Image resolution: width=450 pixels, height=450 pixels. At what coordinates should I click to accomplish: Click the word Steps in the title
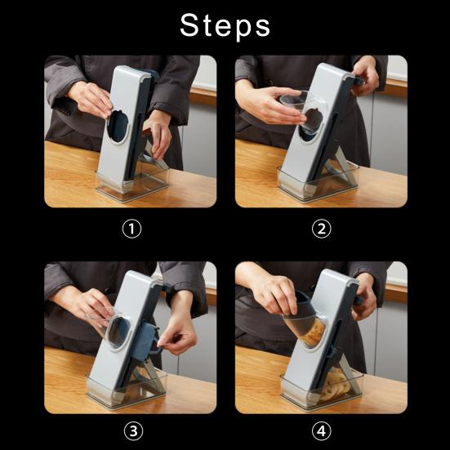(x=225, y=25)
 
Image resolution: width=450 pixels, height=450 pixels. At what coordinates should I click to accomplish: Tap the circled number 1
(x=131, y=229)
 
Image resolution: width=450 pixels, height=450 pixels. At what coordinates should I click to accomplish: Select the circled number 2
(x=322, y=229)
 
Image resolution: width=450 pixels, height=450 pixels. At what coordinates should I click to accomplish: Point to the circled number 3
(x=133, y=431)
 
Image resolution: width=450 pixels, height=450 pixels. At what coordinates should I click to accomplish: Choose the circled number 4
(x=322, y=431)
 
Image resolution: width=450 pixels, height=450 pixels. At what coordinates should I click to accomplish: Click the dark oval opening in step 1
(x=118, y=127)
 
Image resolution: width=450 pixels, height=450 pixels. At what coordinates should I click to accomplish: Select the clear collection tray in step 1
(x=132, y=185)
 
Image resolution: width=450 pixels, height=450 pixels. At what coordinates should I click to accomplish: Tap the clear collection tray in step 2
(x=318, y=184)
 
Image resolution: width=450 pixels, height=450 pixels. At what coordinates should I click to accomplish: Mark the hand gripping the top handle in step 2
(x=366, y=75)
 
